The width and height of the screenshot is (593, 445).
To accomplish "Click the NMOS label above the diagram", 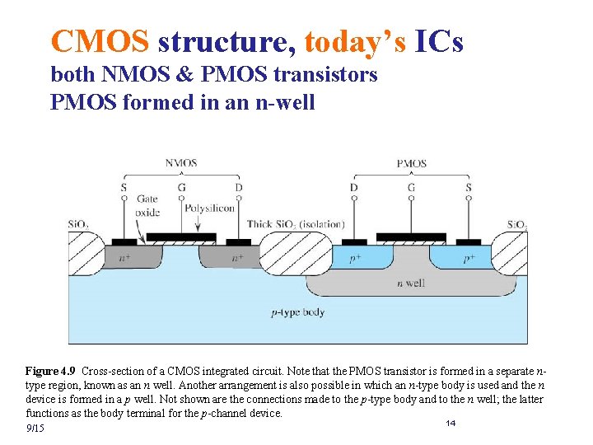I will tap(180, 163).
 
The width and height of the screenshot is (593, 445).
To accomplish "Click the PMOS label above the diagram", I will tap(411, 163).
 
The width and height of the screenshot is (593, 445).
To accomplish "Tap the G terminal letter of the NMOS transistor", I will tap(180, 188).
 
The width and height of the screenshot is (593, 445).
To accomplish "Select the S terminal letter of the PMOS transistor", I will tap(469, 188).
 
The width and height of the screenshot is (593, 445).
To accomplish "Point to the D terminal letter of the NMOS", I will tap(238, 188).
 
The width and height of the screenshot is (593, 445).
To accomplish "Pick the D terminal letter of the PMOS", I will tap(354, 188).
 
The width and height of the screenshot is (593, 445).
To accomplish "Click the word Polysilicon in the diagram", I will tap(209, 208).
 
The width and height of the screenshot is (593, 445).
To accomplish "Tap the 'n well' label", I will tap(410, 283).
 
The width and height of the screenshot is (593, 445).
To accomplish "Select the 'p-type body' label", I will tap(297, 312).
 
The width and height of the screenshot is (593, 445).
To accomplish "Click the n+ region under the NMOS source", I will tap(124, 257).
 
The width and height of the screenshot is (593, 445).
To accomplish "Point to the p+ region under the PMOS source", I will tap(469, 257).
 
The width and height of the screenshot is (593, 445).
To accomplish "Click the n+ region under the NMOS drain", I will tap(238, 257).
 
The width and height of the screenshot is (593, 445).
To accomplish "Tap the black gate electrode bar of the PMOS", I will tap(411, 237).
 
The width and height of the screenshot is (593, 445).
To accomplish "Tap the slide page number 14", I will tap(451, 423).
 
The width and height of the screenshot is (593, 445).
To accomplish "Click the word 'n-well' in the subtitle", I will tap(284, 104).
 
